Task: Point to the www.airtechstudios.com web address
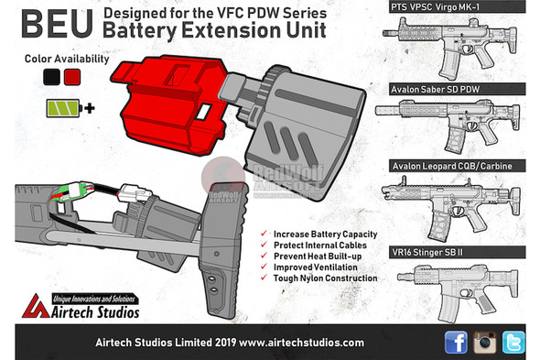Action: (x=309, y=342)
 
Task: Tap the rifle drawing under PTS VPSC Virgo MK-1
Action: (x=453, y=46)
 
